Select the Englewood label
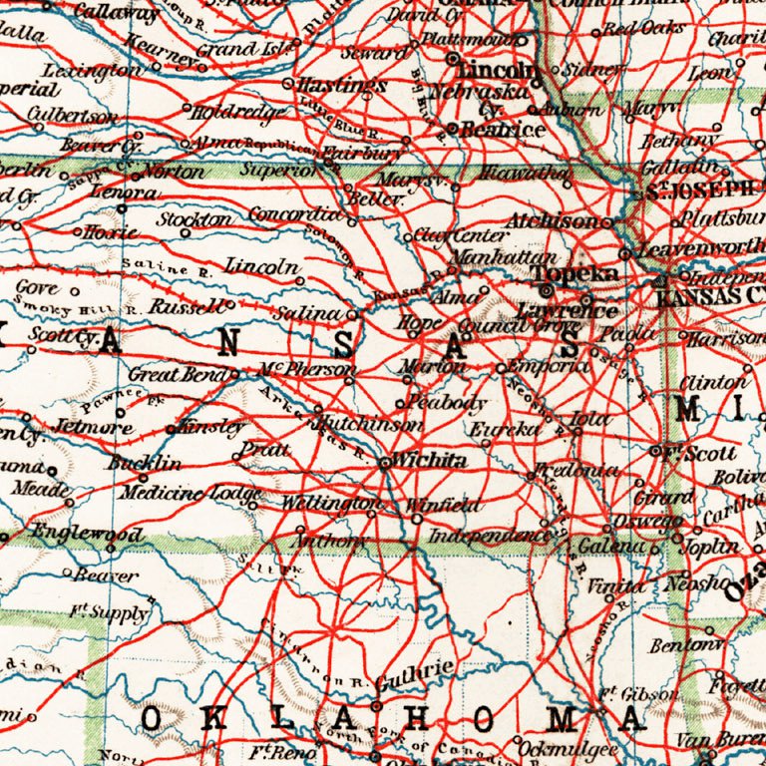coord(87,533)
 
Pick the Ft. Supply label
coord(110,611)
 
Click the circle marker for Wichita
coord(385,462)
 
